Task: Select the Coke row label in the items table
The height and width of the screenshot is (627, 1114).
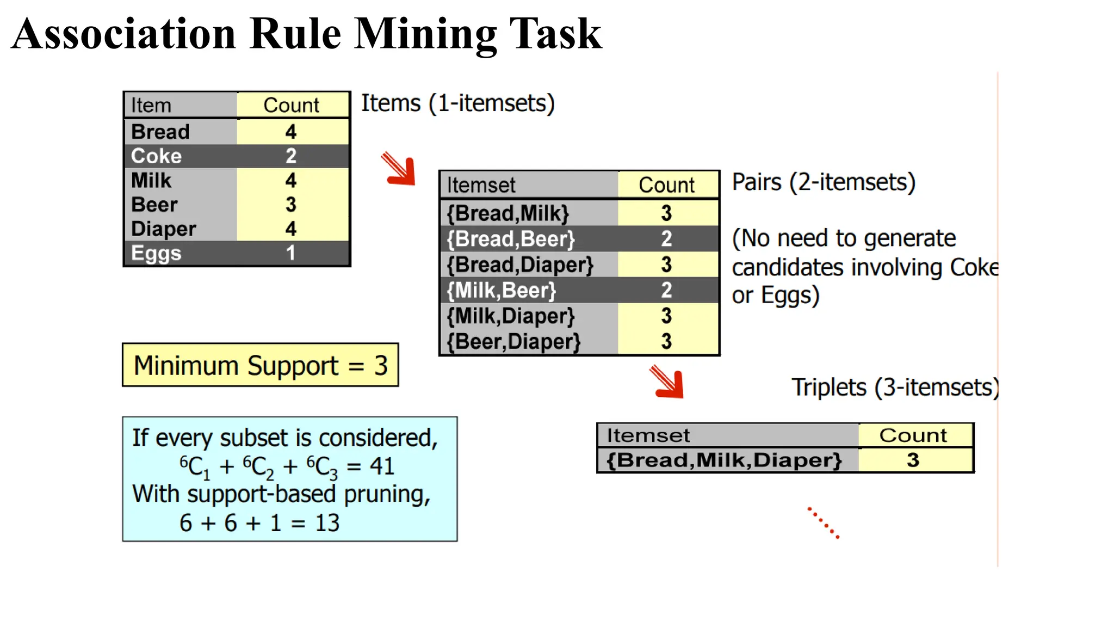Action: [x=156, y=156]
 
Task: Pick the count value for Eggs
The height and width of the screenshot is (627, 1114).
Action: [x=291, y=253]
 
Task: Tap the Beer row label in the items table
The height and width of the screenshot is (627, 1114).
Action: [x=154, y=205]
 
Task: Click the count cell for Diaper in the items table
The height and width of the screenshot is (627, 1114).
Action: [x=291, y=229]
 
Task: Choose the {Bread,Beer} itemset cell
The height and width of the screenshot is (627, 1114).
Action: [x=510, y=239]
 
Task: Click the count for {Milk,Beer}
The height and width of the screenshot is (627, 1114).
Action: [x=666, y=290]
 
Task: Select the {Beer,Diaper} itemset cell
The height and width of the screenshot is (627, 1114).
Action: [x=513, y=342]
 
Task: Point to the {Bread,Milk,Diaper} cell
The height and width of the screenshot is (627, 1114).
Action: [x=723, y=460]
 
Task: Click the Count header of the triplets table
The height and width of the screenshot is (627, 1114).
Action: [x=913, y=435]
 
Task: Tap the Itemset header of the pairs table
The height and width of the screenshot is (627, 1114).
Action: [x=481, y=185]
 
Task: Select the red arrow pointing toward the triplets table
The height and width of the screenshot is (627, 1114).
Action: [x=667, y=382]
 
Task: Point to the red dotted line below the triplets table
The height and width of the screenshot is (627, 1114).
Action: [x=823, y=523]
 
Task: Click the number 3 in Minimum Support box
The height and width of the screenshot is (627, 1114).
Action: [x=381, y=366]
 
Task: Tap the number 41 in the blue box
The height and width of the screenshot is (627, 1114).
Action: [x=382, y=466]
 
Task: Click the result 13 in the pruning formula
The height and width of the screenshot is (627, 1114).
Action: [x=327, y=523]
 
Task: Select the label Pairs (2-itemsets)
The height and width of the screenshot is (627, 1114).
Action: [x=824, y=182]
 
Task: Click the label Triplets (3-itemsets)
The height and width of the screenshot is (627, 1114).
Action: [x=894, y=388]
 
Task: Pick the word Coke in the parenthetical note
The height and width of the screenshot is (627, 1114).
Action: [x=974, y=267]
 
